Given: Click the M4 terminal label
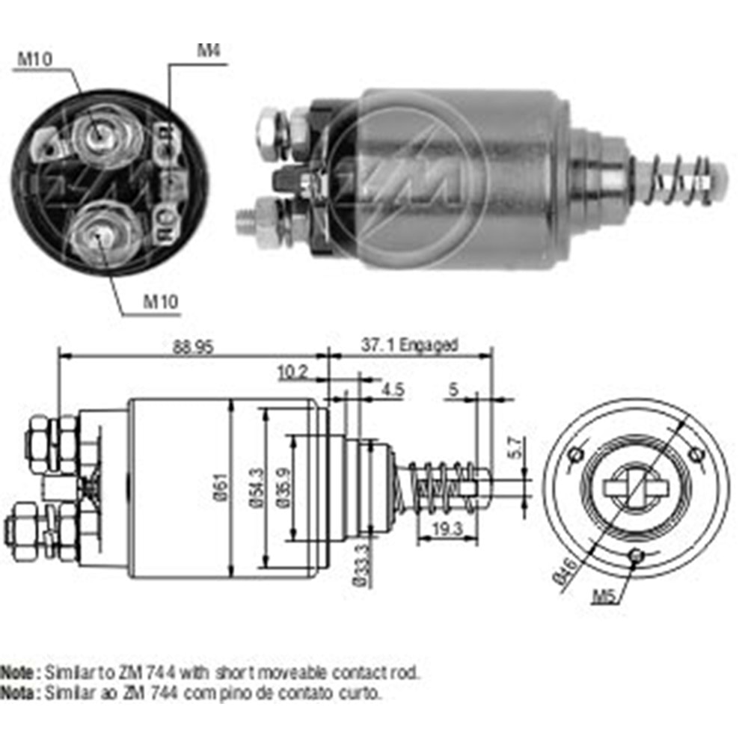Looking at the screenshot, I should [x=209, y=52].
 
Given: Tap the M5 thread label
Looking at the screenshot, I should [x=604, y=595].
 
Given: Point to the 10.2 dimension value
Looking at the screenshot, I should [x=292, y=372].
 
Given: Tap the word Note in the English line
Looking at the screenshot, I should [x=16, y=671].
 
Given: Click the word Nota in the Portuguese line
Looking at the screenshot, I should [x=16, y=693].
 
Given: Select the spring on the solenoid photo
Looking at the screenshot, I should [x=677, y=179].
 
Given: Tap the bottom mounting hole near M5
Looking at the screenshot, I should [x=637, y=555].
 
